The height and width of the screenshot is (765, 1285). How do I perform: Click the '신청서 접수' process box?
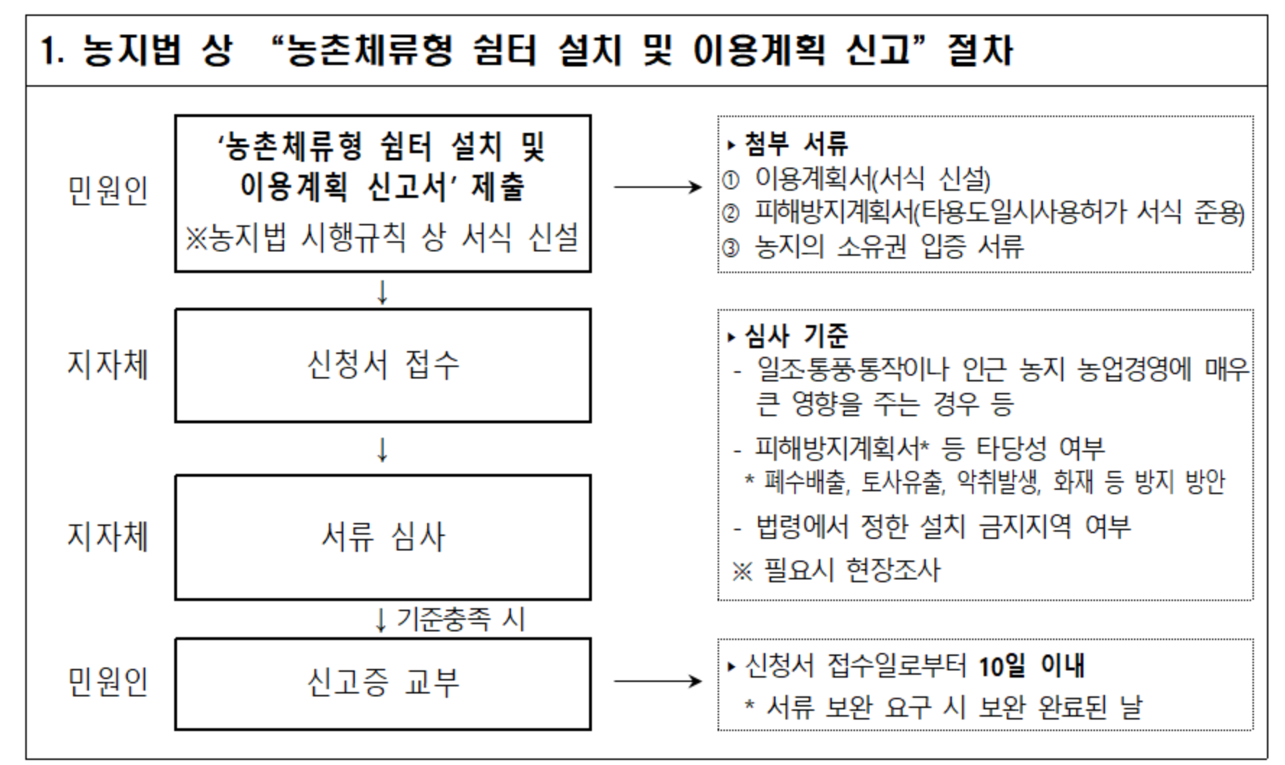click(382, 365)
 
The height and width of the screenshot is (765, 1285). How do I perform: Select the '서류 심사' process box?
click(382, 537)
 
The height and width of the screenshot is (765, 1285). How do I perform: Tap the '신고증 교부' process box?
click(382, 683)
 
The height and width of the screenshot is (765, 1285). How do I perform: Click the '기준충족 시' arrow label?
click(460, 619)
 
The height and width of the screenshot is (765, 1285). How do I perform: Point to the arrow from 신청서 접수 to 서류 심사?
click(382, 449)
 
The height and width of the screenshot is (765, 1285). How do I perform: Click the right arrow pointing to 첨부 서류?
click(657, 187)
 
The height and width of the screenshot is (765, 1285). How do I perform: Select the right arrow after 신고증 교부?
click(657, 680)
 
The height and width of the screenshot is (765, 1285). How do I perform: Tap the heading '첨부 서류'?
click(796, 144)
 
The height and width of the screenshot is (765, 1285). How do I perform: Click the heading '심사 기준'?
click(796, 336)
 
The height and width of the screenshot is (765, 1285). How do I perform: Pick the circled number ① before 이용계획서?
click(731, 179)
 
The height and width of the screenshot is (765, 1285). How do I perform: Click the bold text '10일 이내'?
click(1031, 665)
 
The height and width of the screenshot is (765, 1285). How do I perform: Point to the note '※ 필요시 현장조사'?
click(836, 571)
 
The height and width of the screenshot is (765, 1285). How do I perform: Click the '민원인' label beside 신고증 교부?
click(108, 682)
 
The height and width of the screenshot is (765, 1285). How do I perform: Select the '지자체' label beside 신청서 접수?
click(108, 364)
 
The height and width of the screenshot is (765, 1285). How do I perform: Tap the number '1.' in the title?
click(53, 51)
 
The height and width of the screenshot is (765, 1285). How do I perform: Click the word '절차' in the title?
click(980, 51)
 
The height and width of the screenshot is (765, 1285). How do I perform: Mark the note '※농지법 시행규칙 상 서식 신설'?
click(382, 238)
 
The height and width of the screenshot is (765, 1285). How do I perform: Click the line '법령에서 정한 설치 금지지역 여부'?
click(942, 527)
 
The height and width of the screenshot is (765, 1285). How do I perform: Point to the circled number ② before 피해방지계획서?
click(731, 213)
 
